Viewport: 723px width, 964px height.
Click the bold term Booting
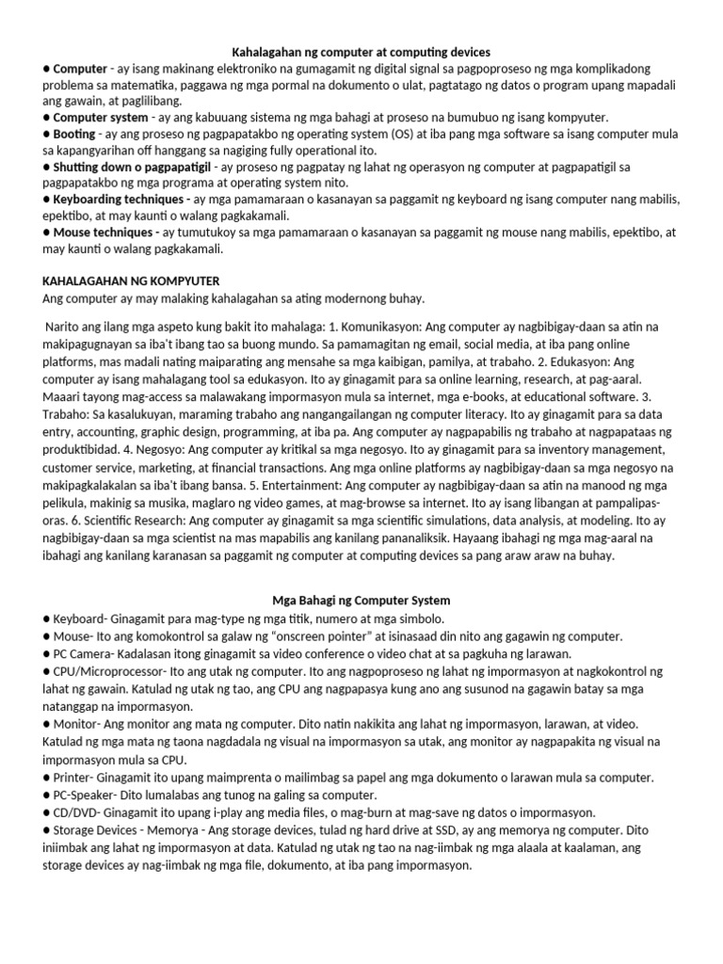(x=74, y=135)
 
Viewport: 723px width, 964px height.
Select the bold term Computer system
(x=101, y=118)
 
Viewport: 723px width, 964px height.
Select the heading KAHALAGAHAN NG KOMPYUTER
(x=131, y=281)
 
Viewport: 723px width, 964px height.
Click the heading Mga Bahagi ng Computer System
(x=361, y=600)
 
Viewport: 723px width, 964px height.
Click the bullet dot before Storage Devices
(x=46, y=829)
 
